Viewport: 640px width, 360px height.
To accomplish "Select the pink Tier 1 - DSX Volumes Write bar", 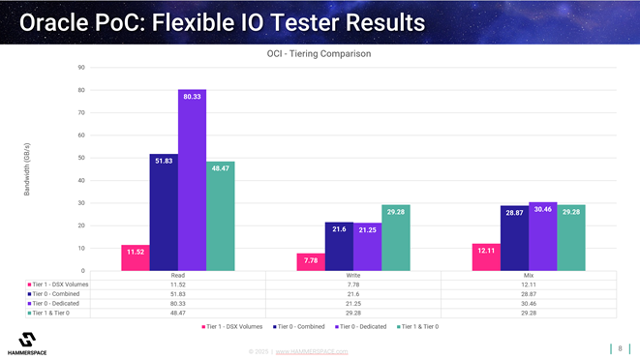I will [x=311, y=261].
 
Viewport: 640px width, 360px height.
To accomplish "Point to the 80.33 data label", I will [x=192, y=97].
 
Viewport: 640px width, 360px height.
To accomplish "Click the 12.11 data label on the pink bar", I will [x=486, y=251].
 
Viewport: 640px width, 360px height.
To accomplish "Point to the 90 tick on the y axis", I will [x=80, y=68].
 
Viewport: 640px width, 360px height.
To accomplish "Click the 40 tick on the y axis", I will [x=80, y=181].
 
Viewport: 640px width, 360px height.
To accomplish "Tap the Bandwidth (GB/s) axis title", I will [x=27, y=169].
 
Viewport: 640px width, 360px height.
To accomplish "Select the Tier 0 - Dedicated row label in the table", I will [x=59, y=303].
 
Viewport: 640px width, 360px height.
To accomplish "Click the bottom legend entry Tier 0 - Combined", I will [x=303, y=327].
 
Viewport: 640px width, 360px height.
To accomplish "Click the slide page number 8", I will [x=620, y=348].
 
